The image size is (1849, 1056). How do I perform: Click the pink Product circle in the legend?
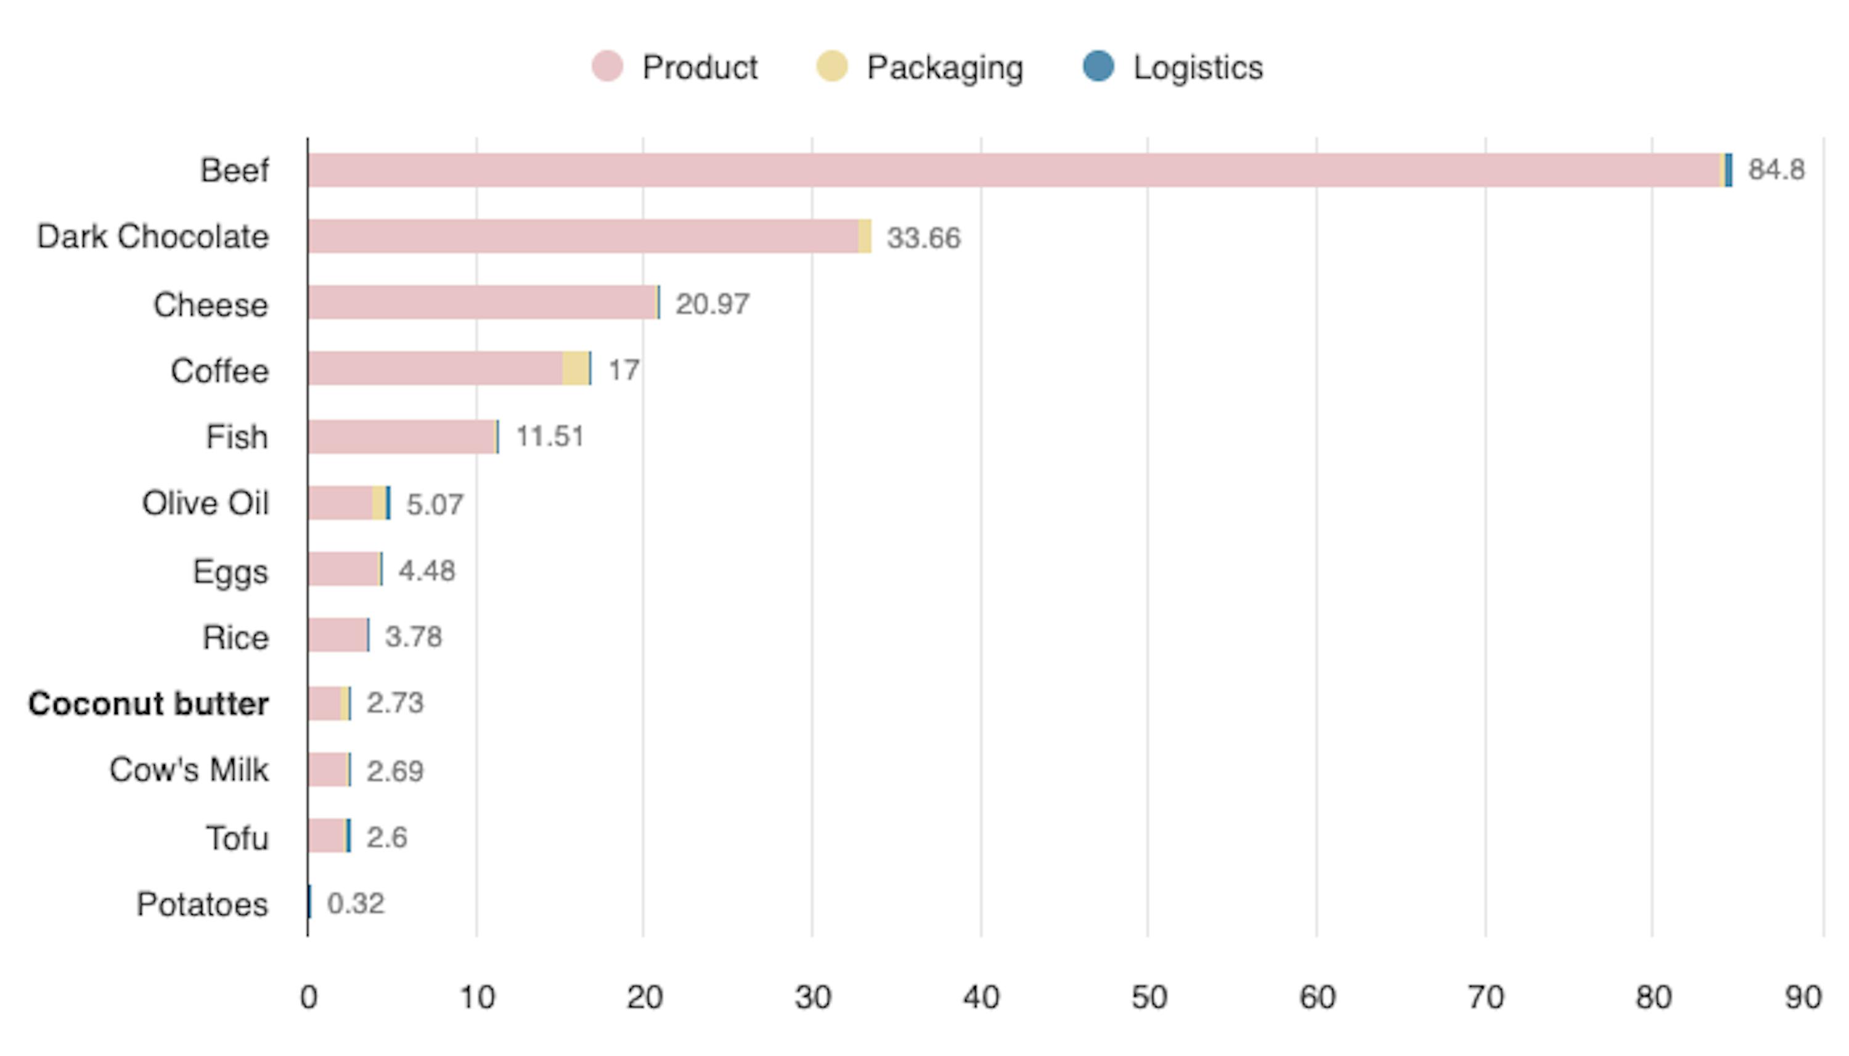click(606, 67)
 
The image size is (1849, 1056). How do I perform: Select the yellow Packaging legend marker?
click(831, 67)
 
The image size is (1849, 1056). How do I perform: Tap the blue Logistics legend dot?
click(1098, 67)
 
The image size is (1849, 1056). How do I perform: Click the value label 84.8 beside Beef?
click(1776, 169)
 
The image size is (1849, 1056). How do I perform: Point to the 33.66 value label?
click(923, 238)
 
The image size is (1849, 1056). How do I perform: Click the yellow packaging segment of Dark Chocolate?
click(865, 237)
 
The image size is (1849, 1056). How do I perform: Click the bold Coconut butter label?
click(149, 704)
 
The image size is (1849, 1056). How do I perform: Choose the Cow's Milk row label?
click(189, 770)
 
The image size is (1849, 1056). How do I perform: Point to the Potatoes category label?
click(202, 904)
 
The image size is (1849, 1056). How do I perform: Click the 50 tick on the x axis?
click(1149, 998)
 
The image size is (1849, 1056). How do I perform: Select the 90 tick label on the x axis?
click(1803, 998)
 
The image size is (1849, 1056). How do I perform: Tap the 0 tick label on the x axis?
click(308, 998)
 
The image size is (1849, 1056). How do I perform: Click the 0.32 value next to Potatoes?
click(356, 904)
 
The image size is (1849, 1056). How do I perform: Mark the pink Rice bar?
click(337, 635)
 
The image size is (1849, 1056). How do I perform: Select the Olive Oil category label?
click(205, 503)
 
